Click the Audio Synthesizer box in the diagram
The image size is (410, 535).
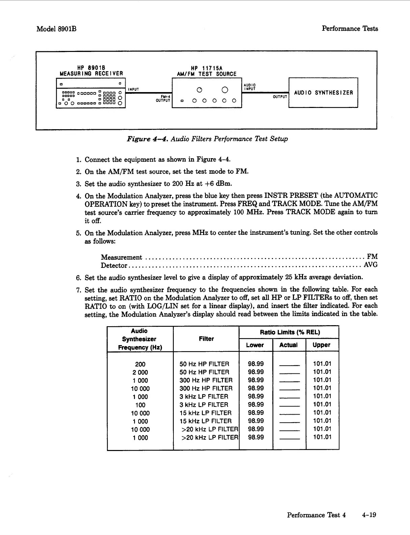point(323,93)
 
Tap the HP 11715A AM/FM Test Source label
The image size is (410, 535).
point(207,71)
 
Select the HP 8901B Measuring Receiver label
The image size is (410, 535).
point(91,71)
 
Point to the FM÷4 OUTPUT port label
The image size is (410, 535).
point(164,98)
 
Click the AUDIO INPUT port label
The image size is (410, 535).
point(249,87)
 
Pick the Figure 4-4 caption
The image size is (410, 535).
point(207,139)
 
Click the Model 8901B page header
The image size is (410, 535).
point(56,29)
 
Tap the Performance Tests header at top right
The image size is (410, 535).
point(350,29)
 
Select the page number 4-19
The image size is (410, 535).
point(369,515)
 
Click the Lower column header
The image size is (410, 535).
point(255,345)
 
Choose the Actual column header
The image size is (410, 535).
point(289,345)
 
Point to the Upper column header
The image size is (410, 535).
point(322,345)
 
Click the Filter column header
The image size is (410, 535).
point(206,339)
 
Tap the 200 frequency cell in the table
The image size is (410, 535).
point(140,364)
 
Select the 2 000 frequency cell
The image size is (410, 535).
point(140,372)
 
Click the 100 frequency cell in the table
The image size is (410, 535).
point(140,405)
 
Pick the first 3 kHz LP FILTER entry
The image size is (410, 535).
point(204,397)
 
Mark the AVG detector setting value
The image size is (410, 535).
point(371,265)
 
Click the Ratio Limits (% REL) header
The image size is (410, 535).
point(290,332)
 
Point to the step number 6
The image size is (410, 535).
point(78,278)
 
